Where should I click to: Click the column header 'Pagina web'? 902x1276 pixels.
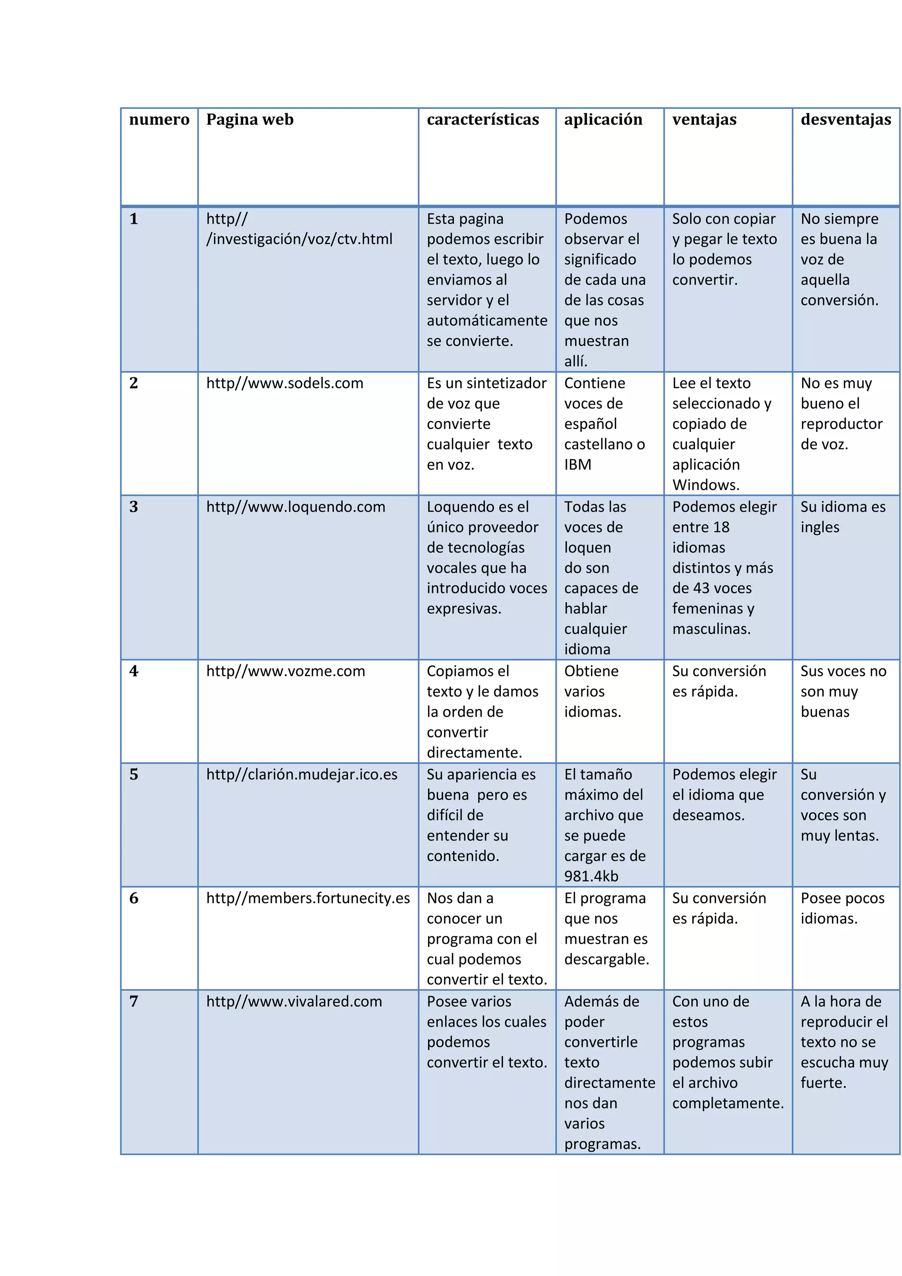tap(249, 119)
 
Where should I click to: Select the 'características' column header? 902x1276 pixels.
tap(482, 119)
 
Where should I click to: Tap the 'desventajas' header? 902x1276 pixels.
tap(845, 119)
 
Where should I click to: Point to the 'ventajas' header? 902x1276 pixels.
tap(704, 119)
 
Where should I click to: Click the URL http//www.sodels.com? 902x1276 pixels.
tap(285, 383)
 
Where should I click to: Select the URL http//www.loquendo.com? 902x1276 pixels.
tap(296, 507)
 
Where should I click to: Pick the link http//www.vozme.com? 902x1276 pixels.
tap(285, 671)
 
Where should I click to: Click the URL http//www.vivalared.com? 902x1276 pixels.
tap(294, 1002)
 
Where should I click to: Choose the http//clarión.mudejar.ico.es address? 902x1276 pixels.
tap(302, 775)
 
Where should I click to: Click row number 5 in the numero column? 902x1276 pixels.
tap(134, 775)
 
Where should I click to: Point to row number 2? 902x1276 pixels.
tap(134, 383)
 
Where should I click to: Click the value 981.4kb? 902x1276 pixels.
tap(591, 876)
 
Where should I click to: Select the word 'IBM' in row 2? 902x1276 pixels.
tap(578, 464)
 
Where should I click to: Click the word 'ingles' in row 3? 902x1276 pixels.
tap(820, 527)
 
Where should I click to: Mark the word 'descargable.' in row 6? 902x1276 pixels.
tap(606, 959)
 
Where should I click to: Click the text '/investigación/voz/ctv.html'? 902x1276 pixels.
tap(299, 239)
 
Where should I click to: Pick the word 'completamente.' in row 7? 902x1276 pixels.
tap(728, 1103)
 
